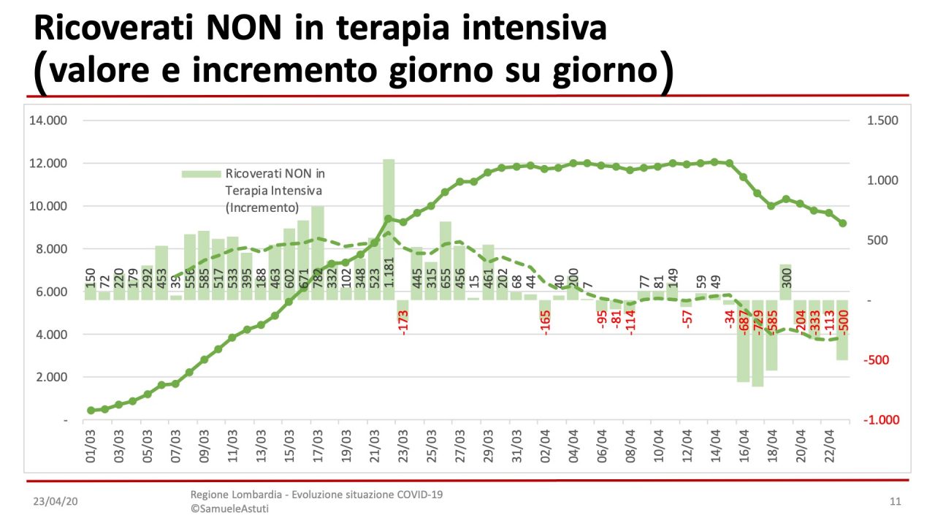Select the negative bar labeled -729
click(757, 343)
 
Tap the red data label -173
click(403, 322)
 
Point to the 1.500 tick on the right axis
click(883, 121)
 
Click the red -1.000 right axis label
click(882, 420)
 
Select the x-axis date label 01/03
click(91, 447)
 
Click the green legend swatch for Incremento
click(200, 174)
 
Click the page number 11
click(896, 502)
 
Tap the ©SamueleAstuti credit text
click(229, 508)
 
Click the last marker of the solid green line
click(842, 224)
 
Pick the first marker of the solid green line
click(91, 411)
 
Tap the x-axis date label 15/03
click(290, 447)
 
